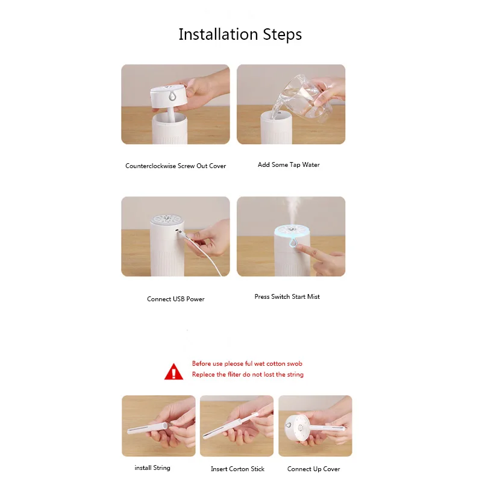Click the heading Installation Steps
[x=240, y=34]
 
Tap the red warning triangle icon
[x=174, y=372]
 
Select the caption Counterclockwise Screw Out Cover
[x=175, y=166]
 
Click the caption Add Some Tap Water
[x=289, y=164]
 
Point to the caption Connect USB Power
[x=175, y=299]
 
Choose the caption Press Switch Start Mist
[x=287, y=296]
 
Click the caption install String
[x=152, y=468]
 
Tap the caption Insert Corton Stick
[x=237, y=469]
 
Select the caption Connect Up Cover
[x=313, y=469]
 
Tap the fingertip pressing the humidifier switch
[x=300, y=247]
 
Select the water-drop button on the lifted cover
[x=172, y=96]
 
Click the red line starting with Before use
[x=247, y=364]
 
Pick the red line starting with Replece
[x=248, y=374]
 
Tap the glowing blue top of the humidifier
[x=291, y=233]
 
